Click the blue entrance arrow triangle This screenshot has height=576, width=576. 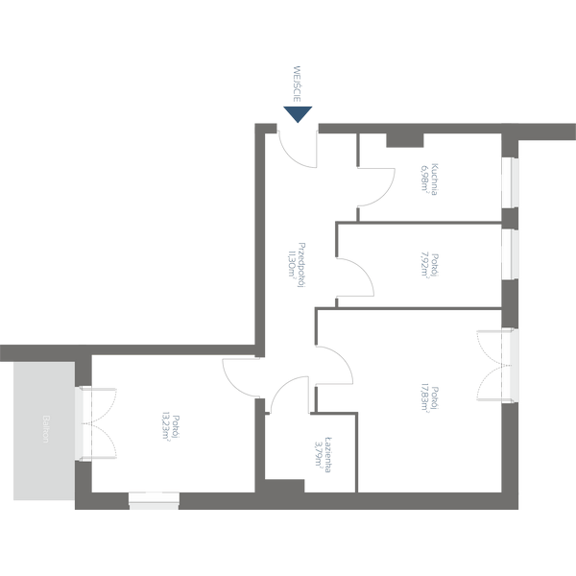pyautogui.click(x=299, y=114)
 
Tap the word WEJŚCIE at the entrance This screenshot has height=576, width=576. pyautogui.click(x=299, y=85)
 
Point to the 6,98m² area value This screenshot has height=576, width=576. pyautogui.click(x=423, y=179)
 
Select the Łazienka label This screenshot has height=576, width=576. pyautogui.click(x=329, y=449)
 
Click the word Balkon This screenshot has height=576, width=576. pyautogui.click(x=45, y=429)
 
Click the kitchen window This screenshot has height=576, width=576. pyautogui.click(x=510, y=181)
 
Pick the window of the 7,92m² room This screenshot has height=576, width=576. pyautogui.click(x=510, y=253)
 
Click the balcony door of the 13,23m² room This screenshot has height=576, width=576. pyautogui.click(x=84, y=422)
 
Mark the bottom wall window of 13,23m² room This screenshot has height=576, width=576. pyautogui.click(x=154, y=498)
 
